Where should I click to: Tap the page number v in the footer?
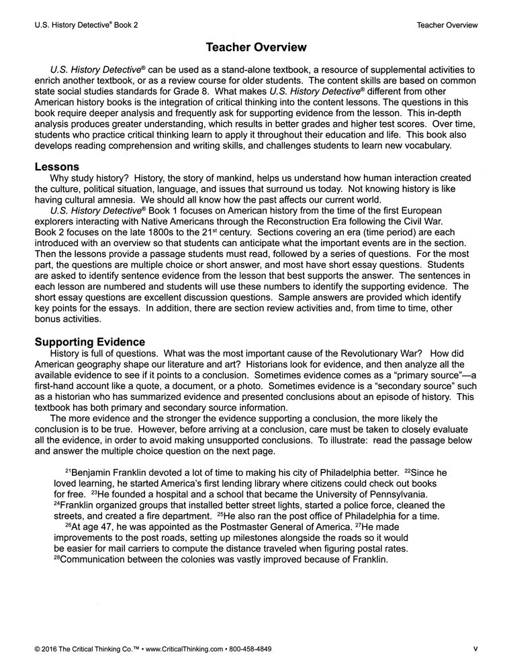coord(475,650)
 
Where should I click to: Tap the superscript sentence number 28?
coord(57,558)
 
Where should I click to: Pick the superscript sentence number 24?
coord(57,503)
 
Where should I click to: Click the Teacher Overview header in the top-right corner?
coord(447,25)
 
